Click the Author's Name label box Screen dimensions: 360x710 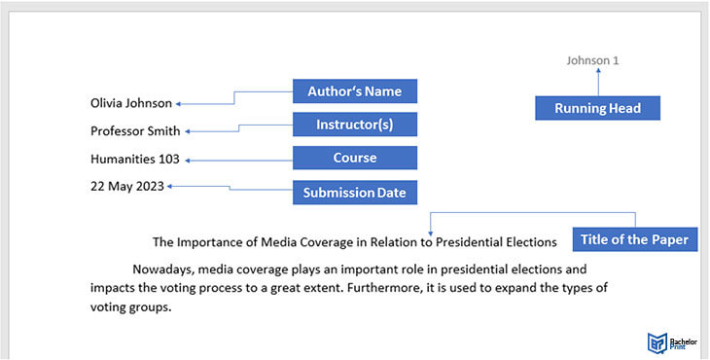pyautogui.click(x=355, y=91)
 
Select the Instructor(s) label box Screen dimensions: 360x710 pyautogui.click(x=355, y=125)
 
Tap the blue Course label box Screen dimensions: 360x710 pyautogui.click(x=355, y=158)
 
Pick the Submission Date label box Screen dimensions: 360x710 pyautogui.click(x=355, y=193)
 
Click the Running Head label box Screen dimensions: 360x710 pyautogui.click(x=597, y=108)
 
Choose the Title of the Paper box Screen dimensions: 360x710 pyautogui.click(x=634, y=239)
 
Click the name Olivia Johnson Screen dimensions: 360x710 pyautogui.click(x=130, y=103)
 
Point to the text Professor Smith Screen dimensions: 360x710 pyautogui.click(x=135, y=131)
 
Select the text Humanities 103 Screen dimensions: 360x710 pyautogui.click(x=134, y=160)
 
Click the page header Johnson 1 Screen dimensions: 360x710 pyautogui.click(x=592, y=60)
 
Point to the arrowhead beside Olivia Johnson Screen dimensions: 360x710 pyautogui.click(x=179, y=103)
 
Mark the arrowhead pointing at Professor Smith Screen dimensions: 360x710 pyautogui.click(x=188, y=131)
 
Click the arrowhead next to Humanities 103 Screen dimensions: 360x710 pyautogui.click(x=188, y=160)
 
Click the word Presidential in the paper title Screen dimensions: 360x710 pyautogui.click(x=471, y=241)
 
